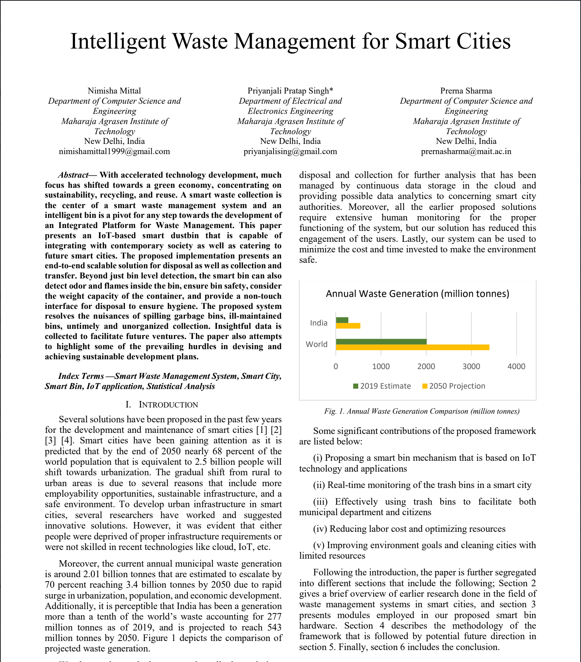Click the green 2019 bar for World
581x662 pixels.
(381, 342)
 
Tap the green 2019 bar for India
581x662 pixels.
(342, 320)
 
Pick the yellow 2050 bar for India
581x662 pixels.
(348, 326)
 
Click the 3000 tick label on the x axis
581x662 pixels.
(471, 366)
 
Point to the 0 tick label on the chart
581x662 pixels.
(336, 366)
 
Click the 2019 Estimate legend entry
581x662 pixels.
(382, 386)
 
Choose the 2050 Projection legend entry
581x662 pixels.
(454, 386)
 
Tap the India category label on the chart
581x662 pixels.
(318, 323)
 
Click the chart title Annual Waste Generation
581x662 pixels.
(417, 293)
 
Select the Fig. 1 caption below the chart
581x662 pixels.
(422, 411)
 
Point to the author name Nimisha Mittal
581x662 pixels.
(114, 91)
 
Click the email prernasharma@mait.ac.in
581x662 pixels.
(466, 152)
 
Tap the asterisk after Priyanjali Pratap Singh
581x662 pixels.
(331, 90)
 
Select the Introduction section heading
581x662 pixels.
(162, 405)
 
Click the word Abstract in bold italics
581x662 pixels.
(74, 175)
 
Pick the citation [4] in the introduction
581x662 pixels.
(67, 440)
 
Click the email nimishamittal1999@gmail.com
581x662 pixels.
(114, 152)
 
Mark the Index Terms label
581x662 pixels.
(81, 376)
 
